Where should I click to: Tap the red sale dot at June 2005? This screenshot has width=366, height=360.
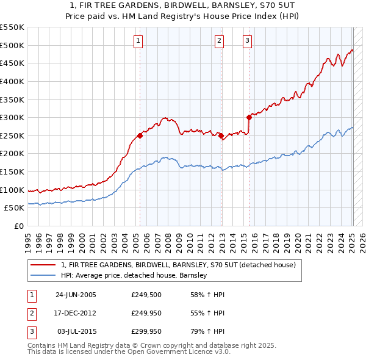140,135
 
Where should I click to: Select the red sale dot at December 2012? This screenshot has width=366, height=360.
220,135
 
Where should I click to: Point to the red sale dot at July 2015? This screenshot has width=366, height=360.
249,117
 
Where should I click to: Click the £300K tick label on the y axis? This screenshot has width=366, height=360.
12,117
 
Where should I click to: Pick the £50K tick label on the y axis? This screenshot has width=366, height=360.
15,208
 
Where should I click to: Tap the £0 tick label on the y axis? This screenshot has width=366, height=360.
18,226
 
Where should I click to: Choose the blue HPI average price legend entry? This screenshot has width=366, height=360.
134,275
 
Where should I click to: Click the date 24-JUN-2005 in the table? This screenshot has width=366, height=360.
76,295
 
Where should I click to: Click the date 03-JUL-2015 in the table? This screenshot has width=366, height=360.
76,331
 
